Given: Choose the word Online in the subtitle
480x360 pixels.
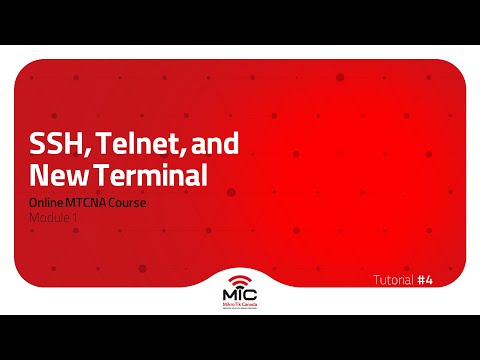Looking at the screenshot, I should tap(46, 203).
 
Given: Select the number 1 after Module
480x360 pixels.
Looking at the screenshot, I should tap(74, 217).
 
